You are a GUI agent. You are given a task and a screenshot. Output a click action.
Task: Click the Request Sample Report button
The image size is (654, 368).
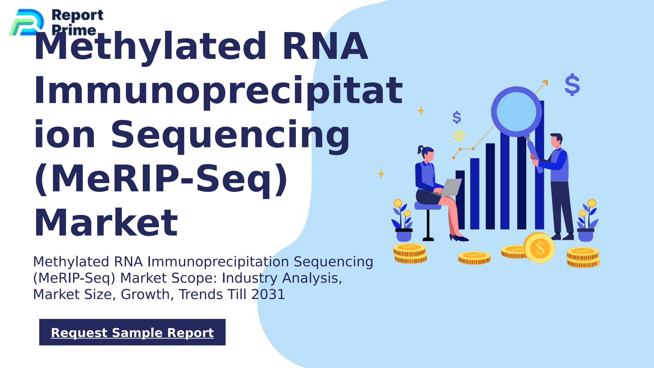tap(132, 332)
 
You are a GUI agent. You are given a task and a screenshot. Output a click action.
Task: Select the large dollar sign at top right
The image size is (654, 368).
tap(572, 85)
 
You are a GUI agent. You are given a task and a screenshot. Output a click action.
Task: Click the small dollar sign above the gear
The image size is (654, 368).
tap(457, 117)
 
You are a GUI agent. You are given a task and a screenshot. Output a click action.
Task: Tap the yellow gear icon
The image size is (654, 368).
tap(459, 136)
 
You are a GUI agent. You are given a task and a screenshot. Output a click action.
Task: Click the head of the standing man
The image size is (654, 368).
tap(556, 141)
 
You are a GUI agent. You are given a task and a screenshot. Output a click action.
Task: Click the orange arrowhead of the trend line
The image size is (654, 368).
tap(545, 83)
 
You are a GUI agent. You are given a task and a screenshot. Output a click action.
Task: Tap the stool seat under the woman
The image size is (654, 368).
tap(428, 205)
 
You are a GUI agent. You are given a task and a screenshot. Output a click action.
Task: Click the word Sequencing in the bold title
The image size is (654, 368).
tap(230, 135)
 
